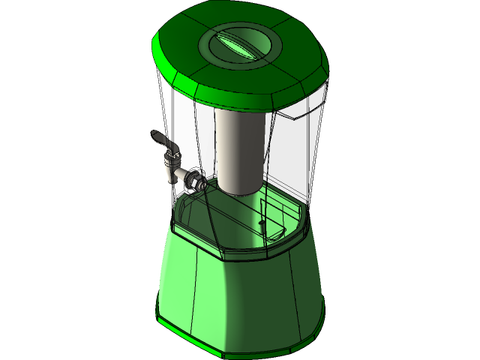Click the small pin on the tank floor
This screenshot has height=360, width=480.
coord(262,223)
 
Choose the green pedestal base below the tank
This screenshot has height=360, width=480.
coord(240,292)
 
